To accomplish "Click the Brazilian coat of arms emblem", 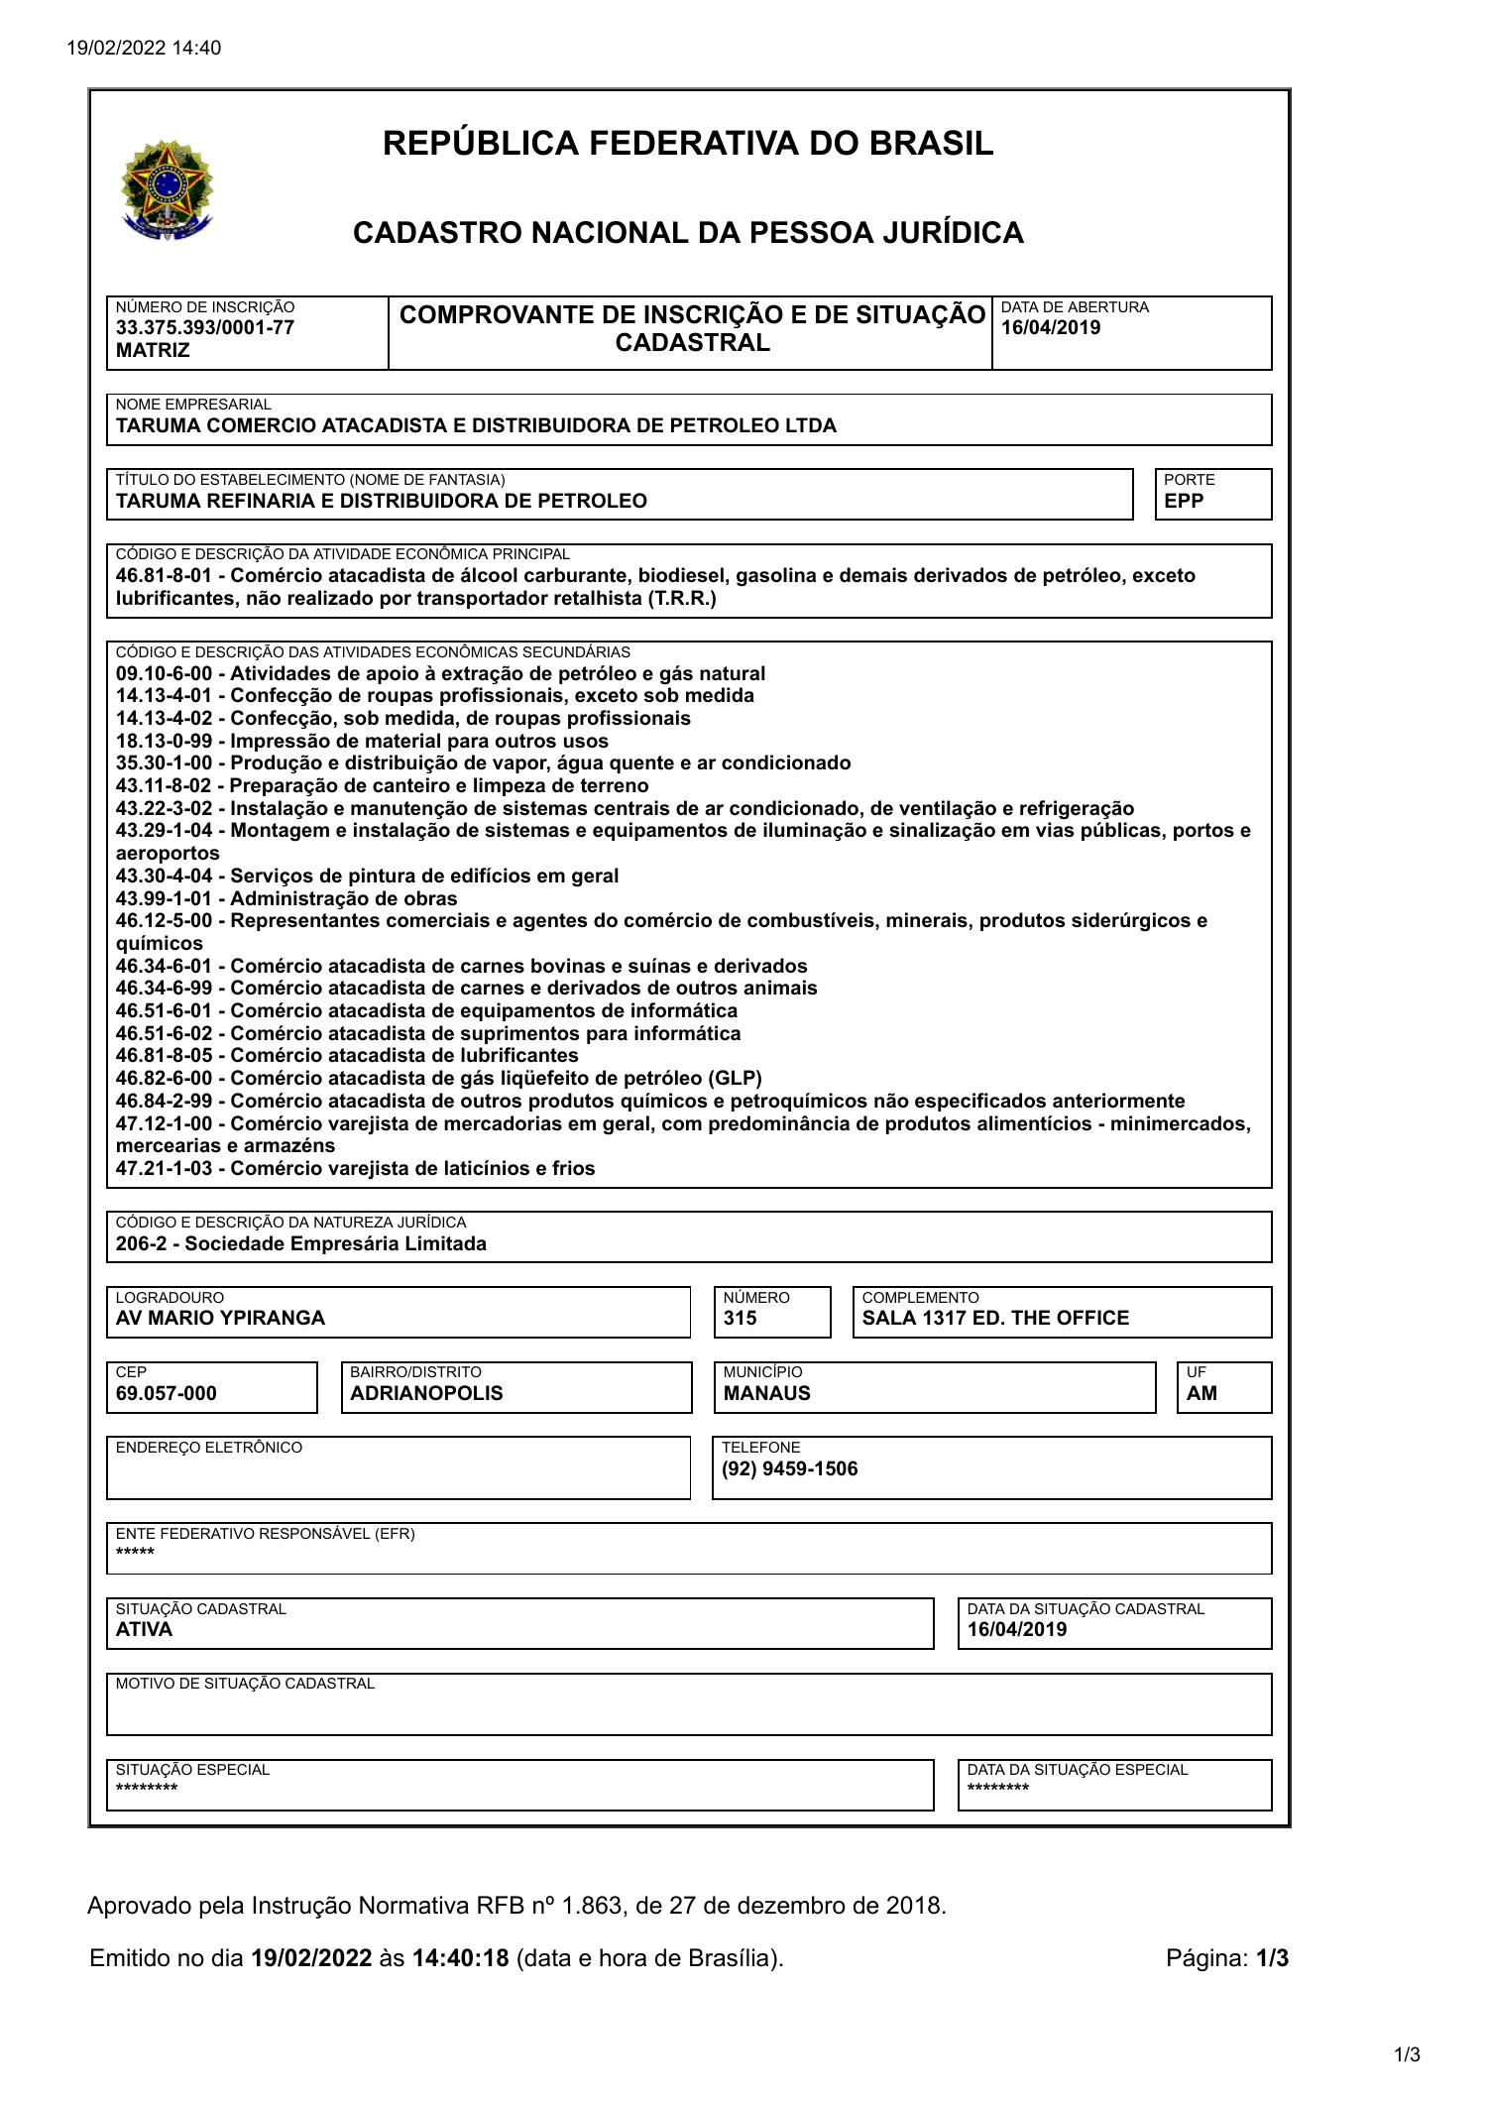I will [x=167, y=188].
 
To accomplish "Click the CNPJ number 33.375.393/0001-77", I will [x=204, y=328].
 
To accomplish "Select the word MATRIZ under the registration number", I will [x=153, y=350].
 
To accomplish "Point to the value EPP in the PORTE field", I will [x=1184, y=501].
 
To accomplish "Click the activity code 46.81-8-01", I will [x=163, y=576].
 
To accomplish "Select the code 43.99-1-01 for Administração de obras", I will [x=163, y=898].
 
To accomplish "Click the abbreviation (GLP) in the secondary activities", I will [x=735, y=1078].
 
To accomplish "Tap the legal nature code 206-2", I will [x=139, y=1243].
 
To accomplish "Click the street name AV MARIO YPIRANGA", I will [x=220, y=1318].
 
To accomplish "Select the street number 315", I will [x=740, y=1318].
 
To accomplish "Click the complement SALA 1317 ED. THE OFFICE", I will [x=995, y=1318].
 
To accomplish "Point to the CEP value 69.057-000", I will [x=166, y=1393].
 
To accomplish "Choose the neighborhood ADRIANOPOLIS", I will [x=426, y=1393].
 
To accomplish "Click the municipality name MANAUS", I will [x=766, y=1393].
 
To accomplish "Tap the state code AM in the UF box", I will [x=1201, y=1393].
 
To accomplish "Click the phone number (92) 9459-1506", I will [x=790, y=1468].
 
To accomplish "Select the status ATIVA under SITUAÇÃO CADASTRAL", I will [x=144, y=1629].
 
